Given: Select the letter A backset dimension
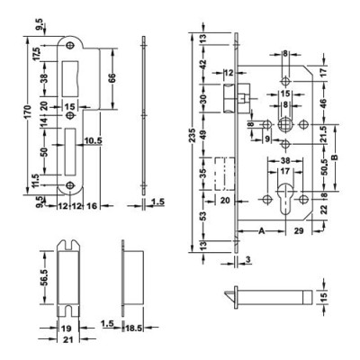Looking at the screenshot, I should click(x=261, y=231).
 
